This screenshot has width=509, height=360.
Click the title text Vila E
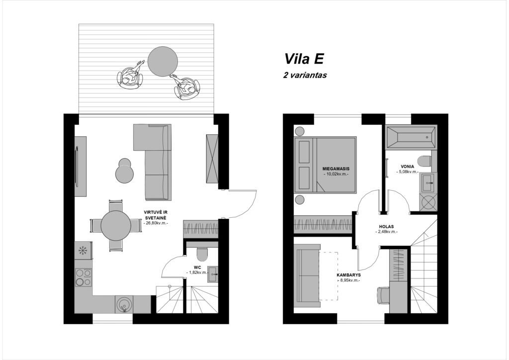(x=304, y=59)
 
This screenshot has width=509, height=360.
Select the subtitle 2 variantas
(x=305, y=75)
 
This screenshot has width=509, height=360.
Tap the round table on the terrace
(x=163, y=61)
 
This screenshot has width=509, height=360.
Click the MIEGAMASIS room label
(x=336, y=169)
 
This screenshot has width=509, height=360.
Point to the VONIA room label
(x=408, y=167)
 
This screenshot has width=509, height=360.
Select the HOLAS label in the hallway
(x=386, y=227)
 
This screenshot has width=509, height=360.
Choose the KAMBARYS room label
(x=348, y=275)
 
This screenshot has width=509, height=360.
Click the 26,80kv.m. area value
(x=156, y=223)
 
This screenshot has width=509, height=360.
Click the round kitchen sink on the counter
(x=124, y=304)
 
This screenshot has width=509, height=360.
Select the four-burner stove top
(x=84, y=277)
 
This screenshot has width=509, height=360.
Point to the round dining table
(x=116, y=226)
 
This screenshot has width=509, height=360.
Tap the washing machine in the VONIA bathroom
(x=428, y=202)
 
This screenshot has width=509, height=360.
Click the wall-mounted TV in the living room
(x=77, y=167)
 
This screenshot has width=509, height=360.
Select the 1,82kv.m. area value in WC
(x=198, y=272)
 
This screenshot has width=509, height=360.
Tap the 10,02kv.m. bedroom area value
(x=336, y=174)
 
